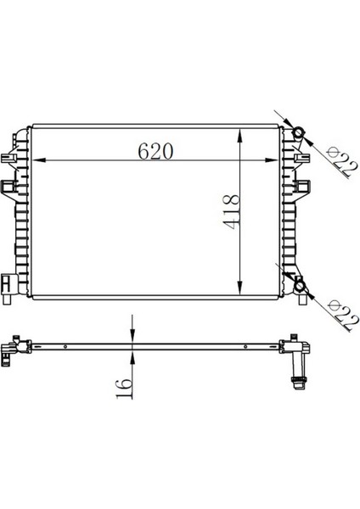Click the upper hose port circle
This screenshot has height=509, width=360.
click(x=300, y=132)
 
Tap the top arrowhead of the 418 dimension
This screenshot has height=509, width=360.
click(x=244, y=135)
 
